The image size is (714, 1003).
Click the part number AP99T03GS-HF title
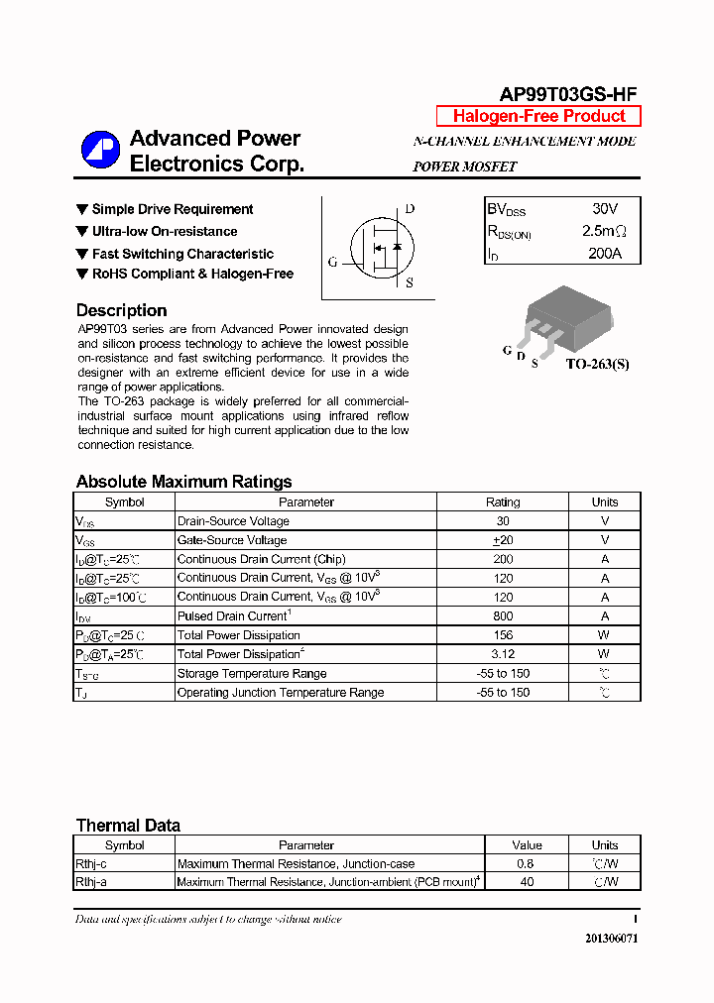pyautogui.click(x=567, y=94)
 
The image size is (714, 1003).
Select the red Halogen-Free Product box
pyautogui.click(x=538, y=116)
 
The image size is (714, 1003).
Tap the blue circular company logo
pyautogui.click(x=100, y=151)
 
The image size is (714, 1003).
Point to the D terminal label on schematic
pyautogui.click(x=410, y=209)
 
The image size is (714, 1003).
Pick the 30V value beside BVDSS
pyautogui.click(x=604, y=209)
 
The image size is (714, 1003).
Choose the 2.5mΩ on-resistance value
pyautogui.click(x=604, y=231)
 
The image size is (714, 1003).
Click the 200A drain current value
pyautogui.click(x=604, y=254)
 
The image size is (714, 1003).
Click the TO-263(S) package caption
pyautogui.click(x=597, y=364)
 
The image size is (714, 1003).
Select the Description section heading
pyautogui.click(x=121, y=310)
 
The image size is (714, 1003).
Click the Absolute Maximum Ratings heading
pyautogui.click(x=183, y=482)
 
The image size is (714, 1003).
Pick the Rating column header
pyautogui.click(x=503, y=501)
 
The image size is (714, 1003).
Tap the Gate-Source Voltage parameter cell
pyautogui.click(x=232, y=540)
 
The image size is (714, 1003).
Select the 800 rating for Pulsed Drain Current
pyautogui.click(x=503, y=615)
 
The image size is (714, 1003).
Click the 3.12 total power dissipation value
pyautogui.click(x=503, y=654)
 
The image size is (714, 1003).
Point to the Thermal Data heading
pyautogui.click(x=128, y=826)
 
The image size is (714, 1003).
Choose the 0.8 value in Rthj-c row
pyautogui.click(x=527, y=863)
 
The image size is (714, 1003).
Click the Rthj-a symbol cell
pyautogui.click(x=91, y=881)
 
